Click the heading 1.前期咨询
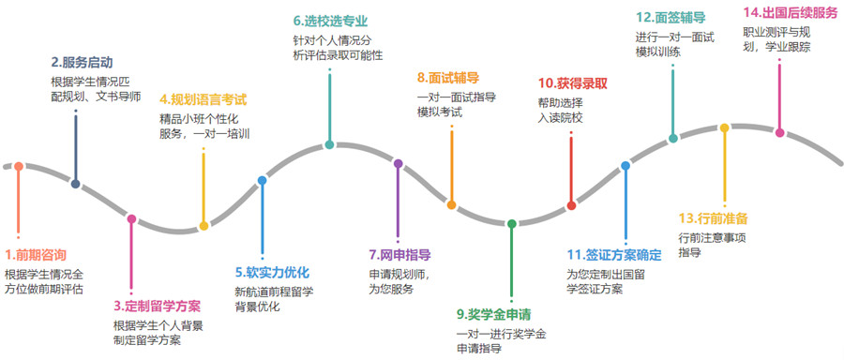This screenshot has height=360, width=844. pyautogui.click(x=36, y=254)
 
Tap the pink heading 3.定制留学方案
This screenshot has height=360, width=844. pyautogui.click(x=157, y=306)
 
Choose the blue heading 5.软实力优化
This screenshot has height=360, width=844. pyautogui.click(x=272, y=272)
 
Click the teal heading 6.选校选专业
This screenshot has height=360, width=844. pyautogui.click(x=329, y=20)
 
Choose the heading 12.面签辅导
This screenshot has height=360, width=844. pyautogui.click(x=670, y=17)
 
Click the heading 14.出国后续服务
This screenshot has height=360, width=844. pyautogui.click(x=790, y=12)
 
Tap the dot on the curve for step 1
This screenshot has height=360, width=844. pyautogui.click(x=17, y=167)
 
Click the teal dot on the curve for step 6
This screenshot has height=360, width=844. pyautogui.click(x=329, y=145)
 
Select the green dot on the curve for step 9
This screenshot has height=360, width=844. pyautogui.click(x=512, y=223)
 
